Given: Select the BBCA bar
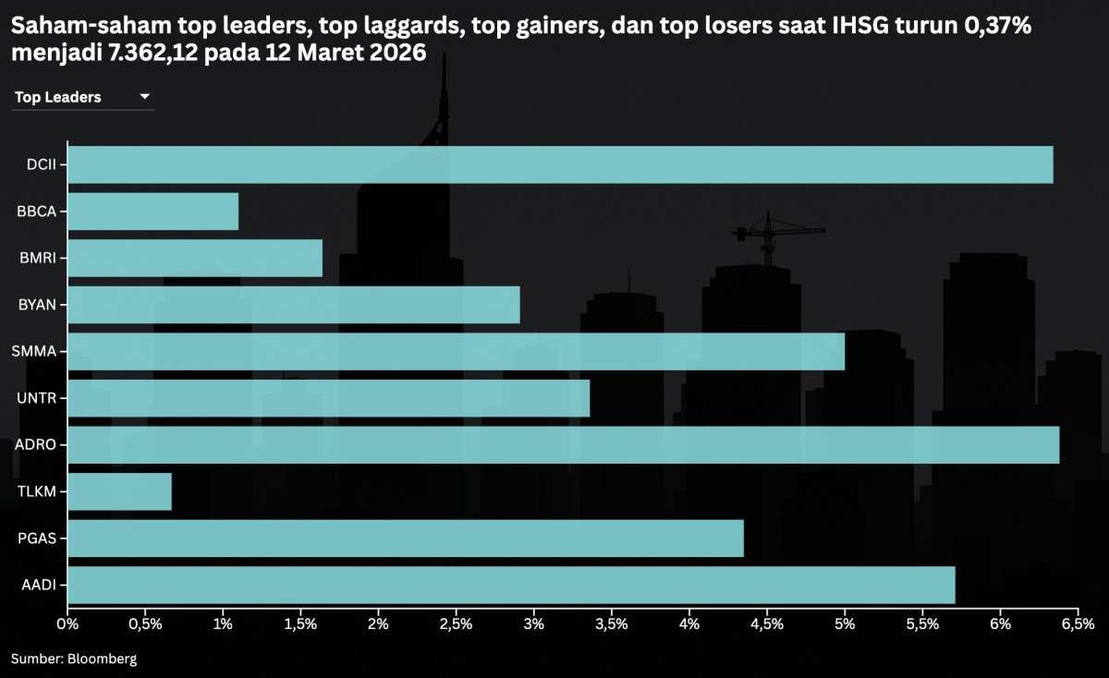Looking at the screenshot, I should [153, 212].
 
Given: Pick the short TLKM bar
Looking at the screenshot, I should [120, 491].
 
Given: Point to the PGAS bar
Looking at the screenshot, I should [406, 538].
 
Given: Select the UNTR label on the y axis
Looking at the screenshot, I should [37, 398].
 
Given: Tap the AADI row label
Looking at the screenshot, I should [37, 585].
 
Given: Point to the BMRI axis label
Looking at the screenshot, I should [37, 258].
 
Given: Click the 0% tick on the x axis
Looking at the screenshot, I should [67, 624].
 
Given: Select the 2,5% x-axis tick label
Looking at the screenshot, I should [456, 624].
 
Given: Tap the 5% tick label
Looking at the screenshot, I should [845, 624].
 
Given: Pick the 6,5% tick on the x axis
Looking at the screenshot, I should [1078, 624].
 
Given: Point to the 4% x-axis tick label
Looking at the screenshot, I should [689, 624].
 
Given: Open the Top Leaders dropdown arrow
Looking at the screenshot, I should [144, 97].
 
